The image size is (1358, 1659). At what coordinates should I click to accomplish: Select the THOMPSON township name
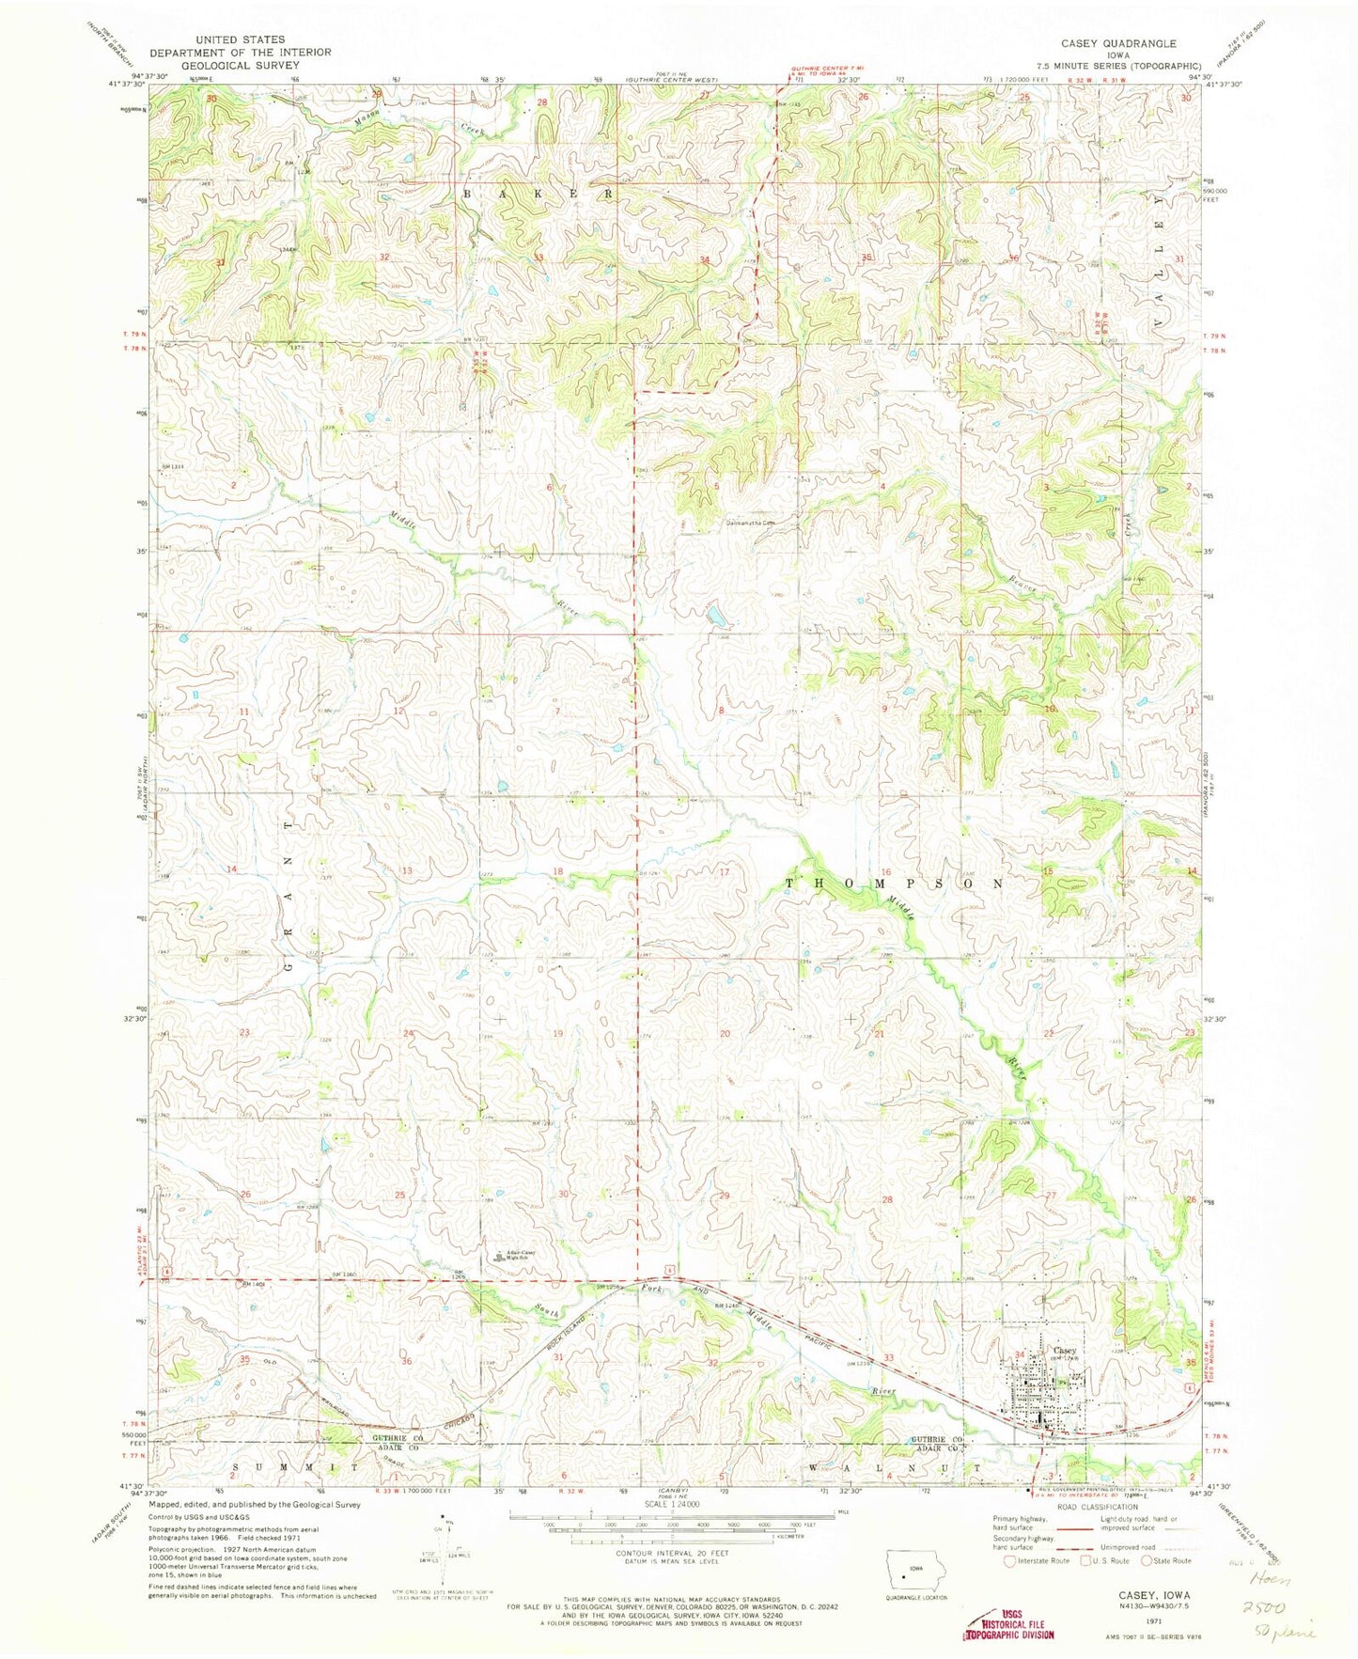pos(894,884)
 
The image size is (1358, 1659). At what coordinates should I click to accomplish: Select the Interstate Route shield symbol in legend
pos(1008,1587)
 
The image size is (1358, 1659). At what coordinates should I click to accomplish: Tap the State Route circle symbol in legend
pos(1147,1587)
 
